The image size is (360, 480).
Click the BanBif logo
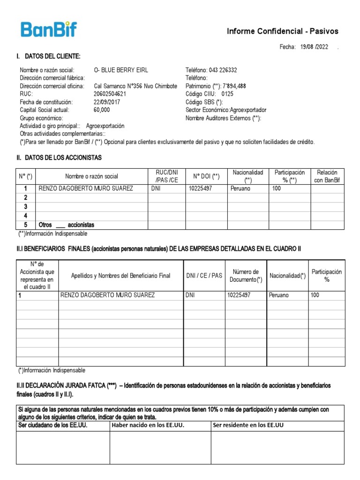click(49, 30)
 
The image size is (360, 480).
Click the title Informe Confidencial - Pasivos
click(282, 31)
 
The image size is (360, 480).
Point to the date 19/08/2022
click(315, 47)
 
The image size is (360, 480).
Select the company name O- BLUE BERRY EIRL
click(121, 70)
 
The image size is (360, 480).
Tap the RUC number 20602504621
click(110, 94)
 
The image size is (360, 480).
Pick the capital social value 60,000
click(102, 110)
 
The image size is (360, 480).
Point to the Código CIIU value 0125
click(227, 94)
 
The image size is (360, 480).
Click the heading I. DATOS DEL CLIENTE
click(48, 57)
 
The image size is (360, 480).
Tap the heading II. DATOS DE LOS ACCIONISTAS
click(59, 157)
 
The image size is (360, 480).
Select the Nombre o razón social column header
click(91, 176)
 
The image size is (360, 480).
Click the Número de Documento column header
click(246, 276)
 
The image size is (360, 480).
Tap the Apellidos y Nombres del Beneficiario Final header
click(120, 276)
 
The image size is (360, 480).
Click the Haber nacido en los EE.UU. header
click(148, 425)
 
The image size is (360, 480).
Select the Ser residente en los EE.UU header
click(248, 425)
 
